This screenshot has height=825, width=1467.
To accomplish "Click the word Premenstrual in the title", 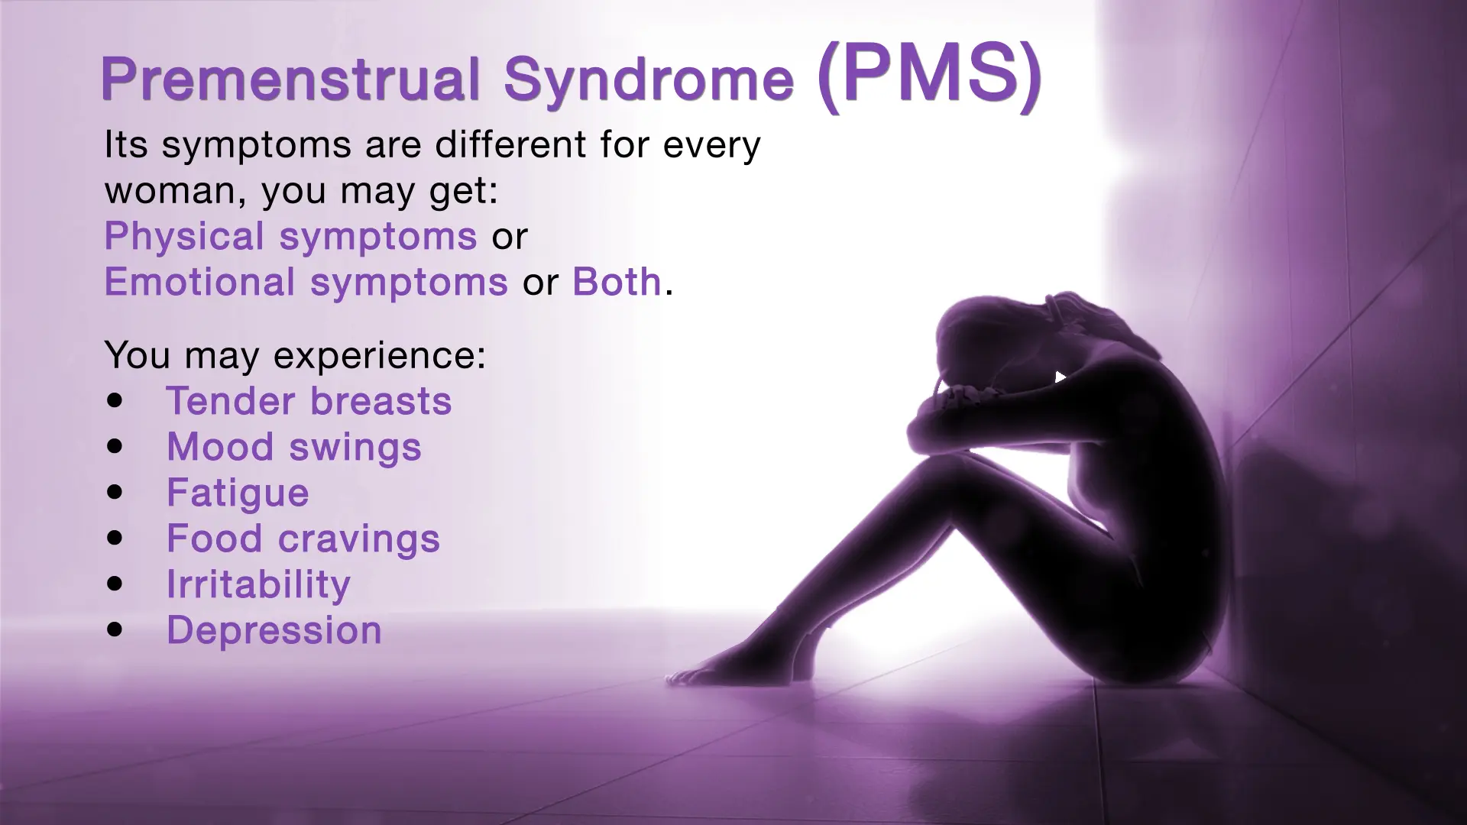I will tap(290, 79).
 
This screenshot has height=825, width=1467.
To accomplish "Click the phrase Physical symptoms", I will tap(290, 236).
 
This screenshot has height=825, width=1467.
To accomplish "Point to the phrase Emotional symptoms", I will tap(306, 282).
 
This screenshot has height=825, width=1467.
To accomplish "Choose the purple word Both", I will tap(617, 282).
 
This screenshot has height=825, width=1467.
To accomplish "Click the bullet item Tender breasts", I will tap(309, 401).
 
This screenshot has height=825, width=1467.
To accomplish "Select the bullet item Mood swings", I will tap(293, 447).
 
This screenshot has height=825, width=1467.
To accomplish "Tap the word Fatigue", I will tap(238, 493).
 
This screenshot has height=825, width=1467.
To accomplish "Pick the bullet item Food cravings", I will tap(303, 539).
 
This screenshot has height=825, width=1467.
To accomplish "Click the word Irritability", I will tap(258, 584).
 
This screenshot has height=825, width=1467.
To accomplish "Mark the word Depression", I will tap(274, 630).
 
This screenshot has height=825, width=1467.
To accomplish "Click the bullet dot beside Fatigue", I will tap(115, 492).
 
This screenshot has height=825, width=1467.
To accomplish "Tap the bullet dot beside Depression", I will tap(115, 629).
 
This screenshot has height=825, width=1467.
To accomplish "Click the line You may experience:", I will tap(295, 355).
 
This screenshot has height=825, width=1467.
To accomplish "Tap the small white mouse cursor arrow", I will tap(1060, 377).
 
